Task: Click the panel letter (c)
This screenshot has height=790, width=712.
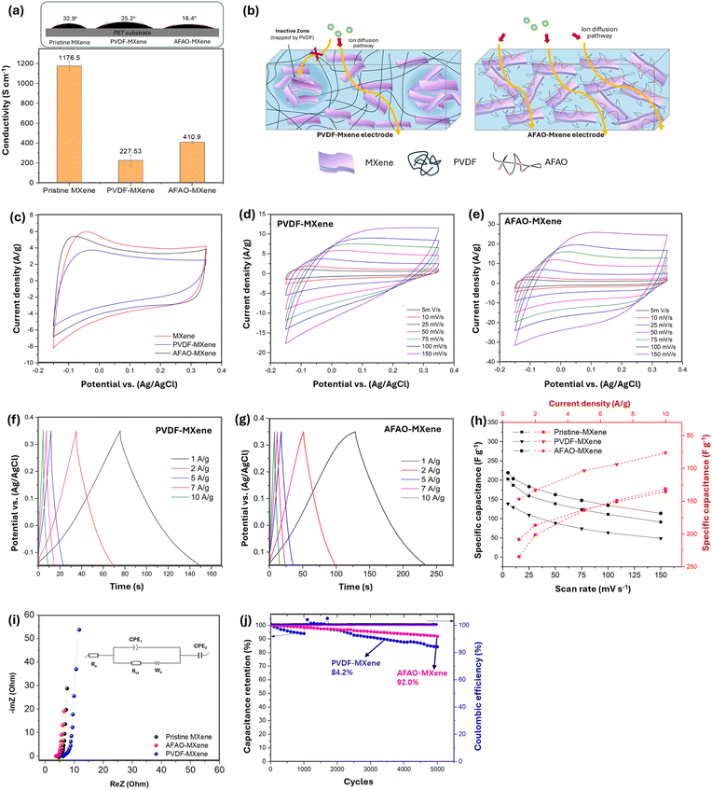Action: pos(15,217)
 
